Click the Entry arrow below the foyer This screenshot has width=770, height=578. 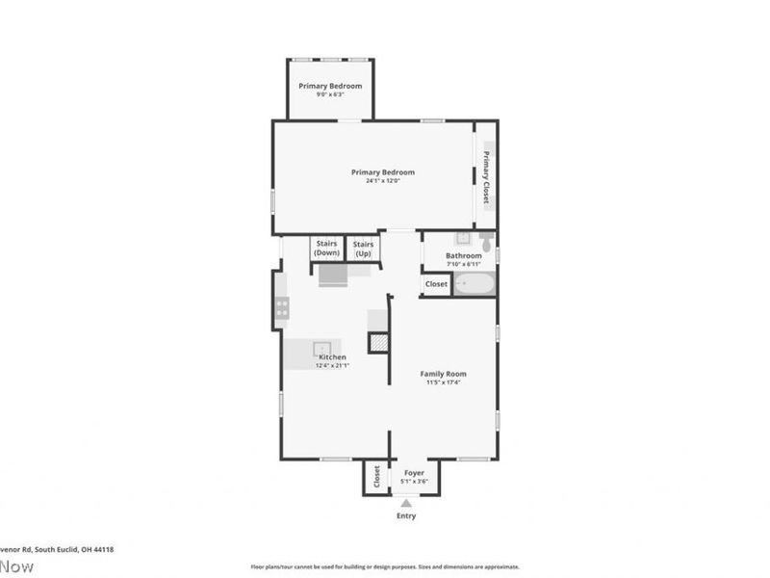pos(406,502)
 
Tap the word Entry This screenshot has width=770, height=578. pos(406,516)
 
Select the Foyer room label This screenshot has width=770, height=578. pos(414,473)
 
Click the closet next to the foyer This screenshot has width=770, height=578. pos(376,476)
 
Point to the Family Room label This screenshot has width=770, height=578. pos(443,373)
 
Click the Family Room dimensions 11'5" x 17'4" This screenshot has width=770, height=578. pos(443,382)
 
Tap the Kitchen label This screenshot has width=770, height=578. pos(332,356)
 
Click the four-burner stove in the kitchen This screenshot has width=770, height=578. pos(282,307)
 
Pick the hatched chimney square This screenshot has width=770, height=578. pos(379,342)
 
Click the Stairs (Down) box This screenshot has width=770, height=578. pos(326,249)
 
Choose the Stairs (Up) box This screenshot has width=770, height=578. pos(363,249)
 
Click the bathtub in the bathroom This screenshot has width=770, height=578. pos(474,284)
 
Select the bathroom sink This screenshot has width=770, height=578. pos(463,237)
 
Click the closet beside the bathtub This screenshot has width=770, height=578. pos(436,284)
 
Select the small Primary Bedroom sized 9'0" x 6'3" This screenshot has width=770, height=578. pos(330,89)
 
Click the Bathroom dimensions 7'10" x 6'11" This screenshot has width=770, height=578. pos(463,264)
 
